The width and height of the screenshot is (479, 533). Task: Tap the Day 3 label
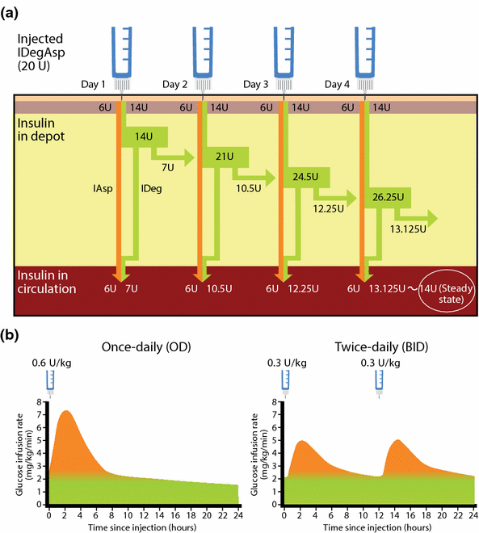(258, 84)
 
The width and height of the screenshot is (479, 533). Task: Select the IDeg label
(151, 189)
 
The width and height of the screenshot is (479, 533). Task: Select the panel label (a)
(14, 12)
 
